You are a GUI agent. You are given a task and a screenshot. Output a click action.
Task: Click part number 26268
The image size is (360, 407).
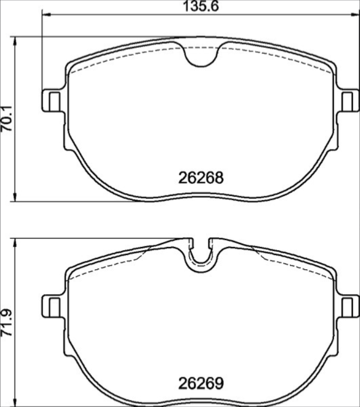tap(201, 178)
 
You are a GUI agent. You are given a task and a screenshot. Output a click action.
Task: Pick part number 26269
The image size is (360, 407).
tap(201, 384)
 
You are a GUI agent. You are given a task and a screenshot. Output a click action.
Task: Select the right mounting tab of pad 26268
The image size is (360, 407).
tap(348, 100)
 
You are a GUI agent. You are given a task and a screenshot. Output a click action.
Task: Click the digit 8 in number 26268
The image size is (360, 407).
tap(219, 178)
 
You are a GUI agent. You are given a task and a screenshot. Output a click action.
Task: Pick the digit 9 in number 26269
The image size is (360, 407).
tap(219, 384)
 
